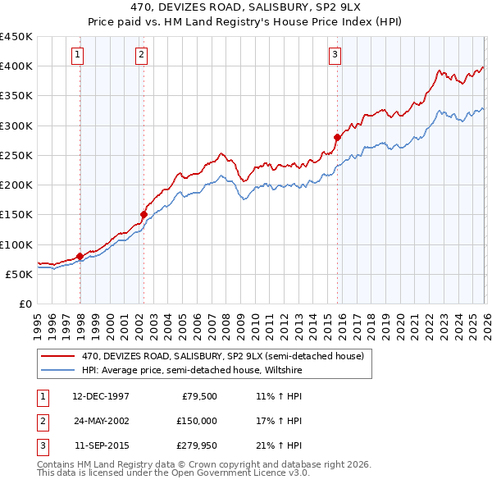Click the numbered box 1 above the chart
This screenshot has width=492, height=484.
[x=77, y=55]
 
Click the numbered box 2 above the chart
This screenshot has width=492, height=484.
[x=141, y=55]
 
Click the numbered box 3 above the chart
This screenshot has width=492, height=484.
[x=335, y=55]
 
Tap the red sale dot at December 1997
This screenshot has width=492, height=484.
[x=80, y=256]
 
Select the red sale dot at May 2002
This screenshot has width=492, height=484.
[x=143, y=215]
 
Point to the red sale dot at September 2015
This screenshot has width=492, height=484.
[x=337, y=137]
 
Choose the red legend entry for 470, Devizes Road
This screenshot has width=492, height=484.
[x=215, y=356]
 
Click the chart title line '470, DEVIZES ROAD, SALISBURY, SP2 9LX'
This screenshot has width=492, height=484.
[x=245, y=7]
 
